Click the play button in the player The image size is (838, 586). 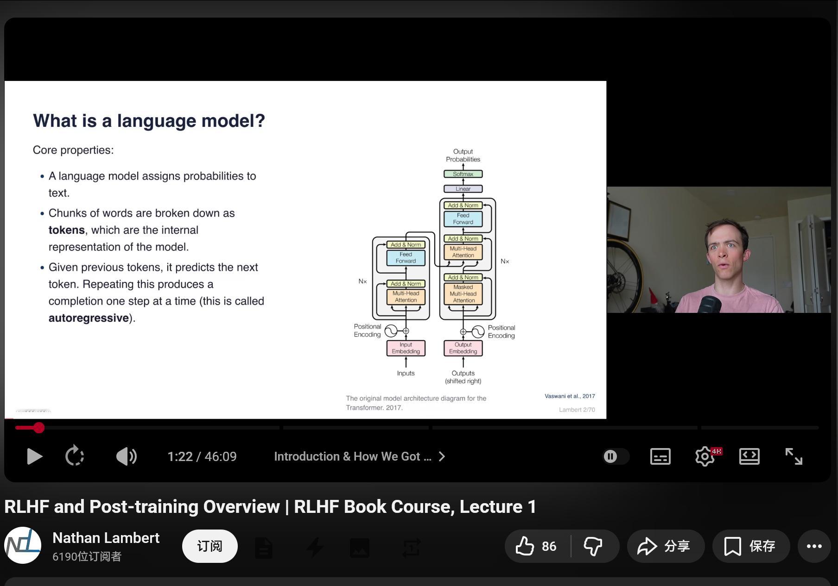coord(34,456)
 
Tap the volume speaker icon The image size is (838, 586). coord(126,456)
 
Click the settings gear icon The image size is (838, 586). coord(705,456)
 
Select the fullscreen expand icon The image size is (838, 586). coord(794,456)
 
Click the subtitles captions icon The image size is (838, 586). coord(660,456)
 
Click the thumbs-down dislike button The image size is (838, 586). coord(593,546)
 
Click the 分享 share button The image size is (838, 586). coord(665,546)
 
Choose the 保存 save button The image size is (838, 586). coord(751,546)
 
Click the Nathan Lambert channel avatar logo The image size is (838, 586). coord(23,545)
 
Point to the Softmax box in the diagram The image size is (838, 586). coord(463,174)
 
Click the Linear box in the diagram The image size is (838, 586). coord(463,189)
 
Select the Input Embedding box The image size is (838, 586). coord(406,348)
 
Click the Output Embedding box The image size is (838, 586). coord(463,348)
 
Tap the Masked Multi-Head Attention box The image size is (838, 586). coord(463,294)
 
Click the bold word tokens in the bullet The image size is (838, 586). coord(67,230)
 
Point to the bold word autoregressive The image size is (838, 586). coord(89,318)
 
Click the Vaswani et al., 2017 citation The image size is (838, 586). coord(570,396)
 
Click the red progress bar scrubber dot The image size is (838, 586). coord(39,428)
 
